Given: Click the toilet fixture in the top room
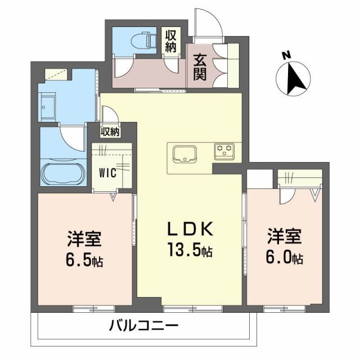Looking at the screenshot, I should (147, 40).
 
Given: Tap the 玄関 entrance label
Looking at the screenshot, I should (200, 66).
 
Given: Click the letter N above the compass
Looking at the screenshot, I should (286, 55).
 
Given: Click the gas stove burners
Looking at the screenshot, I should (225, 150).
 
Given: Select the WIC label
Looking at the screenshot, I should (108, 173).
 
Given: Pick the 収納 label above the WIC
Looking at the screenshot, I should (110, 132).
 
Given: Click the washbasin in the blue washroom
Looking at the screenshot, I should (47, 103).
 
